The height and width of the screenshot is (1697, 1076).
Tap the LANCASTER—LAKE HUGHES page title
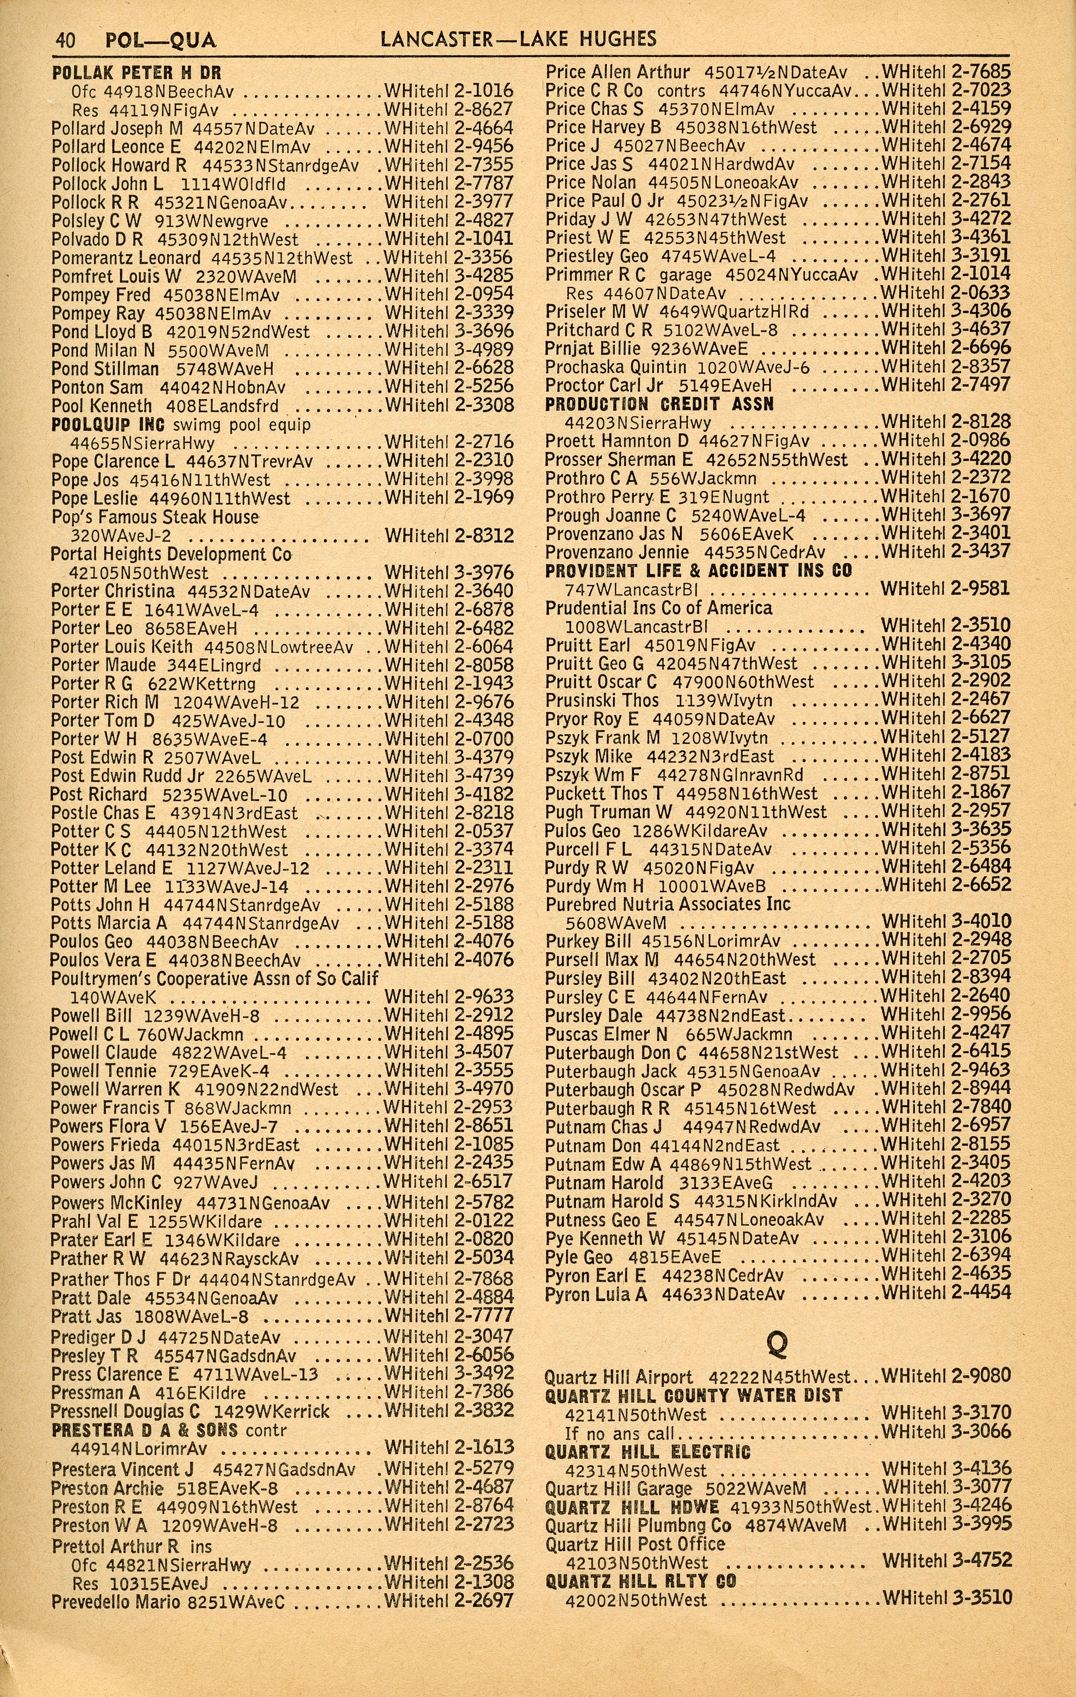pos(517,39)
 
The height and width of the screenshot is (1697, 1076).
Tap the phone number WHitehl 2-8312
pos(449,536)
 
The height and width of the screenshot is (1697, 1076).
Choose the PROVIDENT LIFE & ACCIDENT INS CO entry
pos(698,570)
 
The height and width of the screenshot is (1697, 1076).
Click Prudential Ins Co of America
pos(659,607)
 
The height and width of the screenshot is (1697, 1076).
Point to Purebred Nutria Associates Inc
pos(668,903)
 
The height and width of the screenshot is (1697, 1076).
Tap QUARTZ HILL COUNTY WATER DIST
pos(694,1395)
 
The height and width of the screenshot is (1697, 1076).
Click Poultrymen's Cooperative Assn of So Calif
pos(214,978)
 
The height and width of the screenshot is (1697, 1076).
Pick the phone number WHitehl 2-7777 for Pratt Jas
pos(449,1315)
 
